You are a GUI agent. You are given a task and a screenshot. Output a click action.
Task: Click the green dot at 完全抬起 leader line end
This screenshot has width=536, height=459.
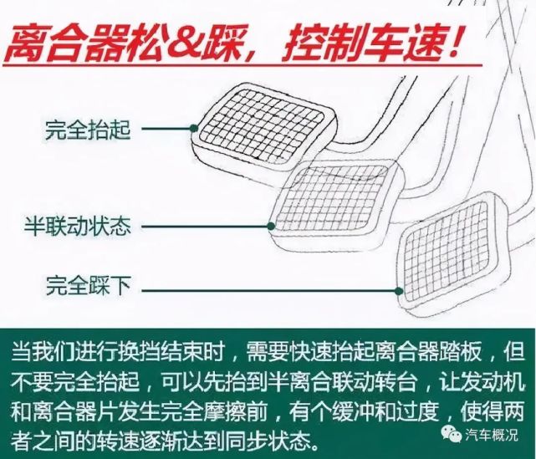tap(193, 130)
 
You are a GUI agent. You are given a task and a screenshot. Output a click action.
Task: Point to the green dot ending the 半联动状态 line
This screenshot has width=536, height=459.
tap(270, 225)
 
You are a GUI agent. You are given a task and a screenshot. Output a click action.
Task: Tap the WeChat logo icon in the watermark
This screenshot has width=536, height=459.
tap(449, 434)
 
